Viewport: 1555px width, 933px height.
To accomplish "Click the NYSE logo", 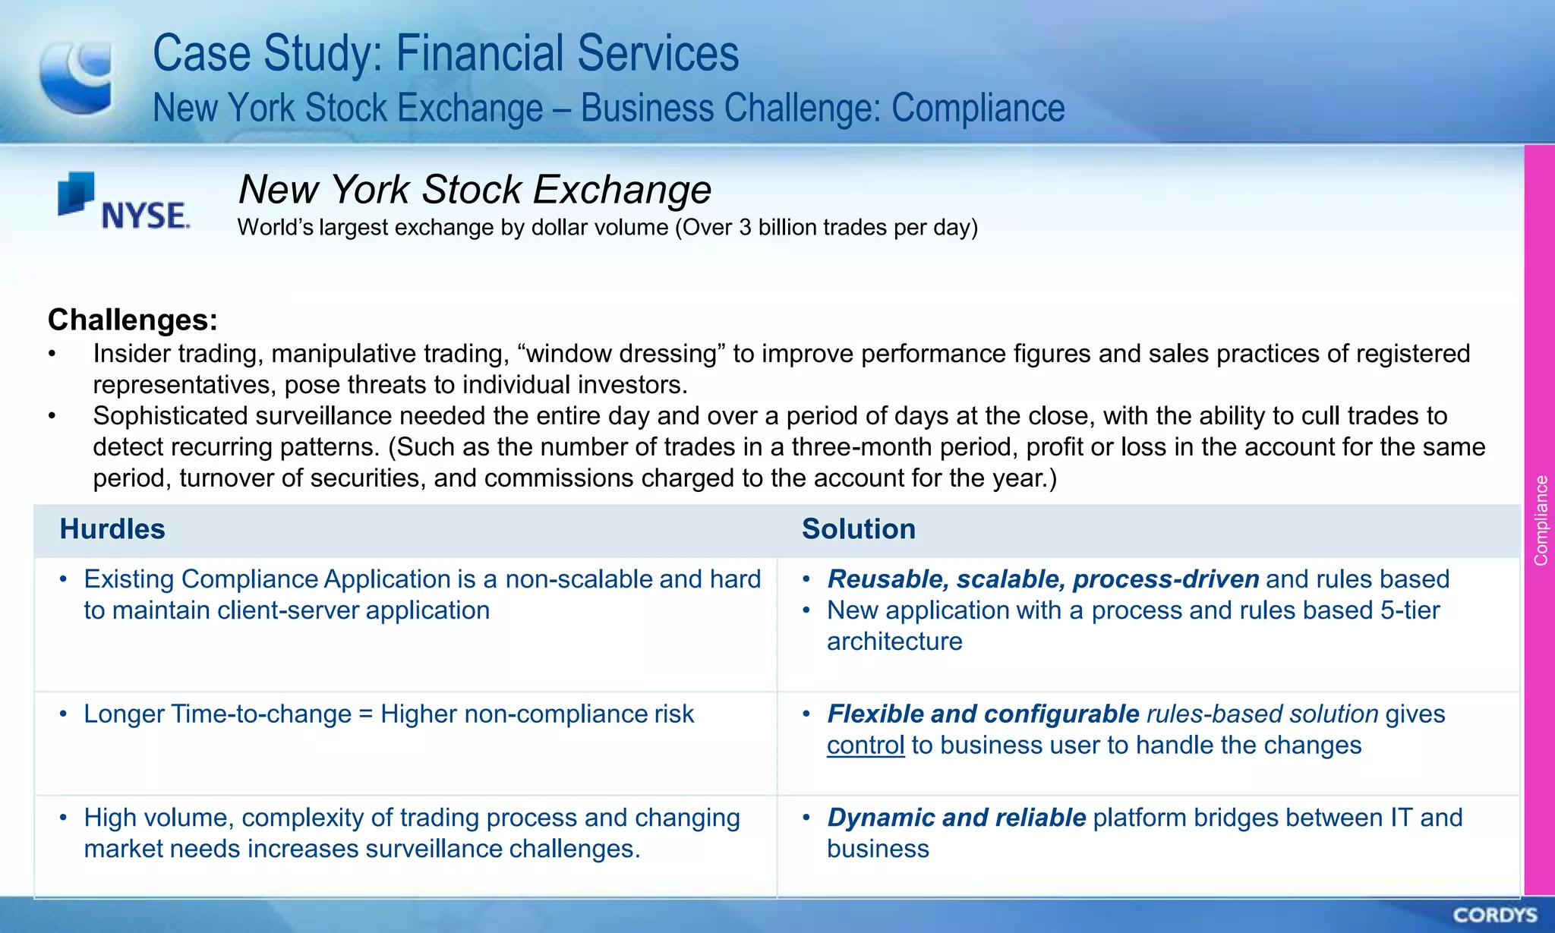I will (x=124, y=202).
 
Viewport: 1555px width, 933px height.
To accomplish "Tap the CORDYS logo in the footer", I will (x=1495, y=915).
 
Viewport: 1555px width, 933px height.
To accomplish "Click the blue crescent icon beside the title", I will (x=77, y=77).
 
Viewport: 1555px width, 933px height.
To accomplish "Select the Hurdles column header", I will (x=112, y=529).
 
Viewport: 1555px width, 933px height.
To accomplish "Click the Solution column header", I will (x=859, y=529).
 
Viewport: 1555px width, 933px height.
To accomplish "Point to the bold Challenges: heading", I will (x=133, y=320).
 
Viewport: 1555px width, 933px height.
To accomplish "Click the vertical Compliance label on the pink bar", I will (x=1541, y=520).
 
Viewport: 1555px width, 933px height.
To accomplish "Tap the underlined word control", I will (x=866, y=745).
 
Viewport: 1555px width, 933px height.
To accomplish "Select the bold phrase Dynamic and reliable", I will (x=957, y=818).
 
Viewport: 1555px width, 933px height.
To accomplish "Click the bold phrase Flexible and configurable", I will (x=983, y=714).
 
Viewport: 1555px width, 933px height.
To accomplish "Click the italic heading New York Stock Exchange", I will (x=475, y=189).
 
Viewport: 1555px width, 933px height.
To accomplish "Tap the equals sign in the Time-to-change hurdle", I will (x=366, y=714).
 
